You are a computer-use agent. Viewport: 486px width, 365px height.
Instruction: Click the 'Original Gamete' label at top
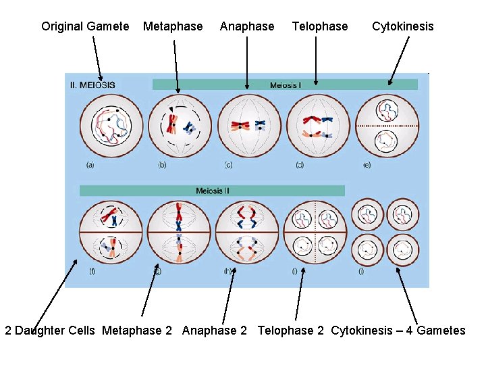click(85, 26)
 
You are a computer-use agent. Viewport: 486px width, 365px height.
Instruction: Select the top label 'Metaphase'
click(173, 26)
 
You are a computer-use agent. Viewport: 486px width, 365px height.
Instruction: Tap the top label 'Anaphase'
click(247, 26)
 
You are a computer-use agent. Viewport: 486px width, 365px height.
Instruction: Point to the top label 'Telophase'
click(320, 26)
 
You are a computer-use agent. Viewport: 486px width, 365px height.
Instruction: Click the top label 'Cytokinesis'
click(403, 26)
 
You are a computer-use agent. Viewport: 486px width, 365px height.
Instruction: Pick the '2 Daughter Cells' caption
click(50, 331)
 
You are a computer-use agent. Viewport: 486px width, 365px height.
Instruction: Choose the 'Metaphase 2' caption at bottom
click(137, 331)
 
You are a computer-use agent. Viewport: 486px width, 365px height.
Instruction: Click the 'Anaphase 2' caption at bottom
click(215, 331)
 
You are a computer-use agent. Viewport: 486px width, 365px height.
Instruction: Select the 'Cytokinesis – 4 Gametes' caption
click(398, 331)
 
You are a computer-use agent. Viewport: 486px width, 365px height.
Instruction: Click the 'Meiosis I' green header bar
click(285, 84)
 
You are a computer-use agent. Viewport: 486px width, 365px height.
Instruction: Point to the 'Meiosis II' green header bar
click(212, 191)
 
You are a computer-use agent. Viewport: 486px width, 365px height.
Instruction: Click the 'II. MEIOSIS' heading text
click(92, 85)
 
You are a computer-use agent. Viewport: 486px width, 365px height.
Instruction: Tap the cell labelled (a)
click(111, 126)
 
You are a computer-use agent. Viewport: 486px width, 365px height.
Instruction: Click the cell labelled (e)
click(387, 126)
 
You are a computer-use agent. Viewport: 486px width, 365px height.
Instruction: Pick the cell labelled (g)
click(179, 232)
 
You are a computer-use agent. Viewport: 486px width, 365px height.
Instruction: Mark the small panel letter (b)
click(162, 164)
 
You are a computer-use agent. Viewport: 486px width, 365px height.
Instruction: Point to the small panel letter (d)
click(299, 164)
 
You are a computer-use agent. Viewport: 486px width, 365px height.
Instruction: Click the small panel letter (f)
click(92, 270)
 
